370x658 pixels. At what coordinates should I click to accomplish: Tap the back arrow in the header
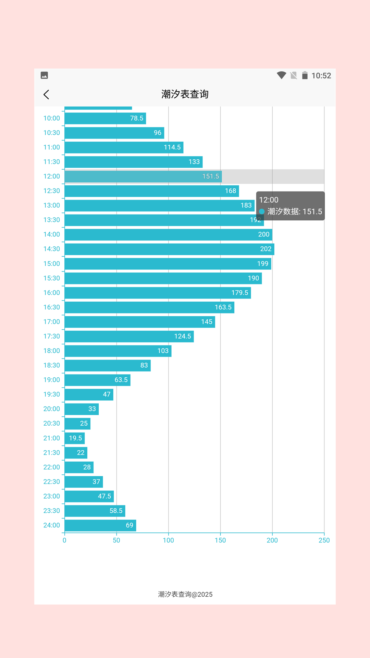point(46,95)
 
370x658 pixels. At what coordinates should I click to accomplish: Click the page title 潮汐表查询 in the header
point(185,94)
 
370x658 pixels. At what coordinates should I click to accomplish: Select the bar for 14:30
point(169,249)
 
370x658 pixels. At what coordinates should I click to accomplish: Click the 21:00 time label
point(51,438)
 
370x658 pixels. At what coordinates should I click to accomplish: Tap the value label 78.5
point(136,118)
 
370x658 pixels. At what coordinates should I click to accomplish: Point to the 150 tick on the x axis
point(220,540)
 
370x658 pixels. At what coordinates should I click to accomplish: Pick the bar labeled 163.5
point(149,307)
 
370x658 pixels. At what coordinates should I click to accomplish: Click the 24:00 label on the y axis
point(51,525)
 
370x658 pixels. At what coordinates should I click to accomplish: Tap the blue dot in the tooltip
point(262,211)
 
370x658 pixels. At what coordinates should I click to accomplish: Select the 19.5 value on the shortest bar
point(75,438)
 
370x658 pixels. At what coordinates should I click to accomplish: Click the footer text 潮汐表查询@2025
point(185,594)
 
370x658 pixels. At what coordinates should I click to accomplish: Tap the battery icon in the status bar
point(305,75)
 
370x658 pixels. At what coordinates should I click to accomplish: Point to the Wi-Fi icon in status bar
point(281,75)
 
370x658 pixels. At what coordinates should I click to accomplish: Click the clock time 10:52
point(321,76)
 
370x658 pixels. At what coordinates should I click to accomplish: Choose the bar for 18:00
point(118,351)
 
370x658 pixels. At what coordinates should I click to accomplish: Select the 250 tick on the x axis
point(324,540)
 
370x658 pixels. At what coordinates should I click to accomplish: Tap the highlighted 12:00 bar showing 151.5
point(143,176)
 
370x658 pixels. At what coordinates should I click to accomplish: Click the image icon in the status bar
point(44,75)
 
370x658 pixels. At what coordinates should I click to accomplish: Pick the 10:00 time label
point(51,118)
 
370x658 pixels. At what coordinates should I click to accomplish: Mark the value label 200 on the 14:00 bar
point(263,234)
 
